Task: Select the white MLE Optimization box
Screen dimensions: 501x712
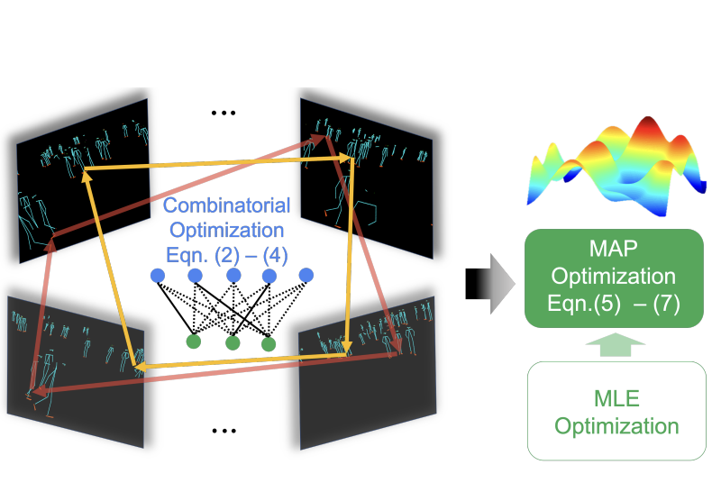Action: [615, 411]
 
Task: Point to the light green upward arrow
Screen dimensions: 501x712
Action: [615, 343]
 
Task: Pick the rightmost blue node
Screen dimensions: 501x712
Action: [306, 274]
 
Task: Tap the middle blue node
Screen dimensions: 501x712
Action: [233, 274]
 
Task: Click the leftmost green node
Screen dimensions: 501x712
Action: [192, 341]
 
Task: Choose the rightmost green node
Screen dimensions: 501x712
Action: [269, 342]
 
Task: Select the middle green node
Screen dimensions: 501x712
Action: [233, 342]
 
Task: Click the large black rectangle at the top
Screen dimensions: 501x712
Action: [265, 58]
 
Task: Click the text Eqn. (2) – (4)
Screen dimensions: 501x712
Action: [225, 254]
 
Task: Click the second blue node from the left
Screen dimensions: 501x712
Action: [195, 274]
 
